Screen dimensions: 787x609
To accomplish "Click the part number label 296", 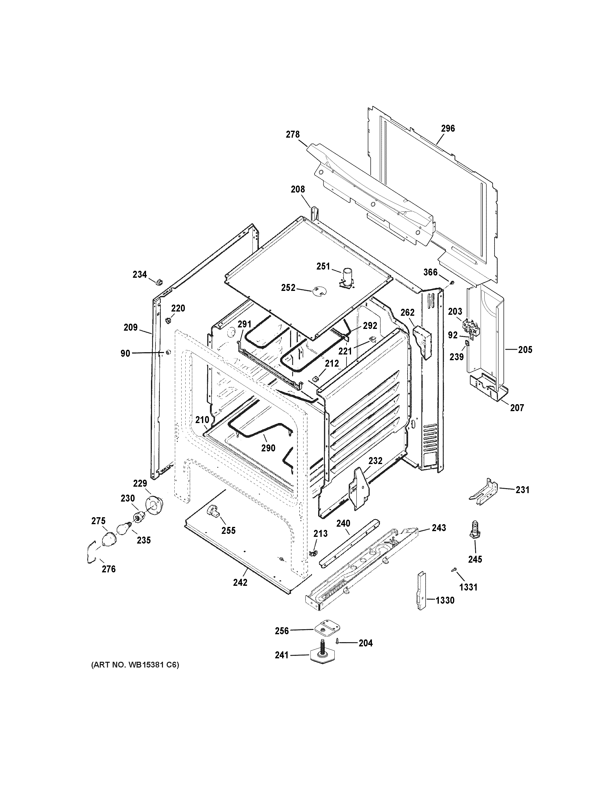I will click(x=448, y=129).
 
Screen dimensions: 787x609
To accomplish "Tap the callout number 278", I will click(x=293, y=135).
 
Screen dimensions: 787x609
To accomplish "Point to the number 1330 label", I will click(x=445, y=601).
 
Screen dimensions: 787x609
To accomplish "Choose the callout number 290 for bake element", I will click(x=268, y=448).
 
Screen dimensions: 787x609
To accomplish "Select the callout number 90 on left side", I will click(x=125, y=354).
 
